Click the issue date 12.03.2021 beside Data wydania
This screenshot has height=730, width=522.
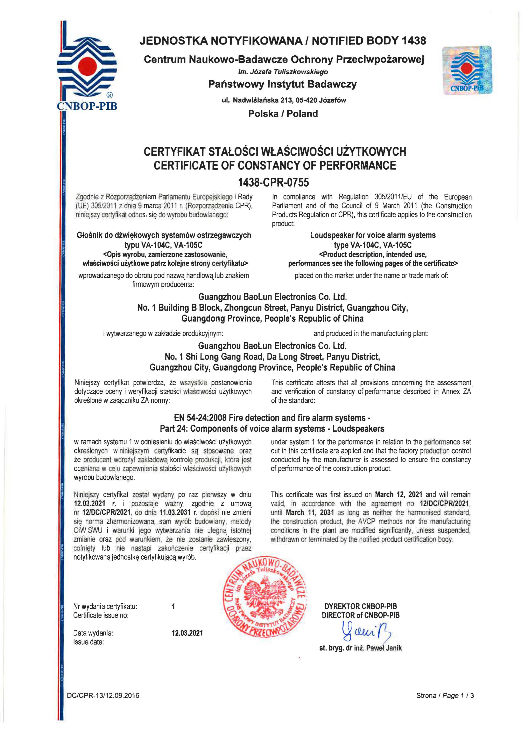pos(187,633)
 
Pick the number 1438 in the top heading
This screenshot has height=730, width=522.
pos(414,41)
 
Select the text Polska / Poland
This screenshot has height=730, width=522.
pos(283,113)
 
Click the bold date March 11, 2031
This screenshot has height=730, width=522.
pos(310,512)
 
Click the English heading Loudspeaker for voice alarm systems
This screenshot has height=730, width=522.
pos(373,235)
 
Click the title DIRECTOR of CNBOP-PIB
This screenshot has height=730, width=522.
pos(361,615)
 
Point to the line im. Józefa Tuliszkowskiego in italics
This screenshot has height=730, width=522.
pos(283,72)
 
